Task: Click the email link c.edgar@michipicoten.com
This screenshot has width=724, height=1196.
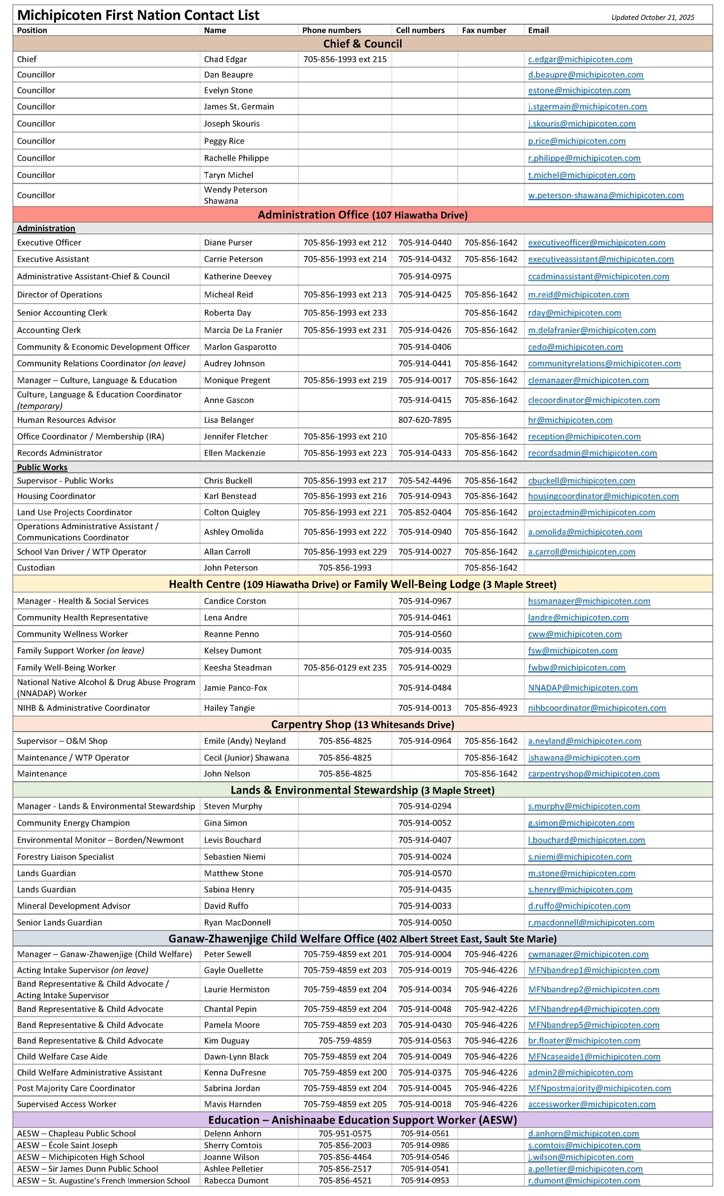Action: click(x=580, y=59)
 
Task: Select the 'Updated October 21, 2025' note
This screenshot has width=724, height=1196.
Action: click(x=652, y=17)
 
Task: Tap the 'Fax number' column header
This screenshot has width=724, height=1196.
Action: click(x=484, y=30)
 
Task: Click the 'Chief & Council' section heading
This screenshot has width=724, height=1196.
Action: click(x=362, y=44)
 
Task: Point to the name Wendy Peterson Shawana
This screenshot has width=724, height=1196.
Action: click(x=236, y=195)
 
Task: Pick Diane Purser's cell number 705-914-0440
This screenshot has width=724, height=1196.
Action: click(x=424, y=242)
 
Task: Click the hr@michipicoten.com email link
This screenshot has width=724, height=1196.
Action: click(x=570, y=420)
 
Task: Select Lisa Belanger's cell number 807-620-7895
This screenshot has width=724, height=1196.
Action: click(x=424, y=420)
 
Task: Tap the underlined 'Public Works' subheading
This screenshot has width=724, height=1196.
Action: click(x=42, y=467)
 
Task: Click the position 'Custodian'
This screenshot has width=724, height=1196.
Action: click(x=36, y=568)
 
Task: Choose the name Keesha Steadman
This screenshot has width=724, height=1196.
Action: click(x=237, y=668)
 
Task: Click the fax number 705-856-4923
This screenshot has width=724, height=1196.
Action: click(x=490, y=708)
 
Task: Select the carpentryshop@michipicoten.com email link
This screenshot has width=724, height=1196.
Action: click(x=594, y=774)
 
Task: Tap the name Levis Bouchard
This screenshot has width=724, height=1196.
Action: click(x=232, y=840)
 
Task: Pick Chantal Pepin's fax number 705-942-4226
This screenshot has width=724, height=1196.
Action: click(x=490, y=1009)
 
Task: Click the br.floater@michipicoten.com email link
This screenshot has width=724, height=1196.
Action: click(x=584, y=1040)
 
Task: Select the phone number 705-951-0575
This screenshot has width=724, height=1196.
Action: click(x=345, y=1133)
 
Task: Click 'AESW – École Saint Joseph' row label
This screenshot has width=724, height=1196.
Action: click(x=67, y=1145)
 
